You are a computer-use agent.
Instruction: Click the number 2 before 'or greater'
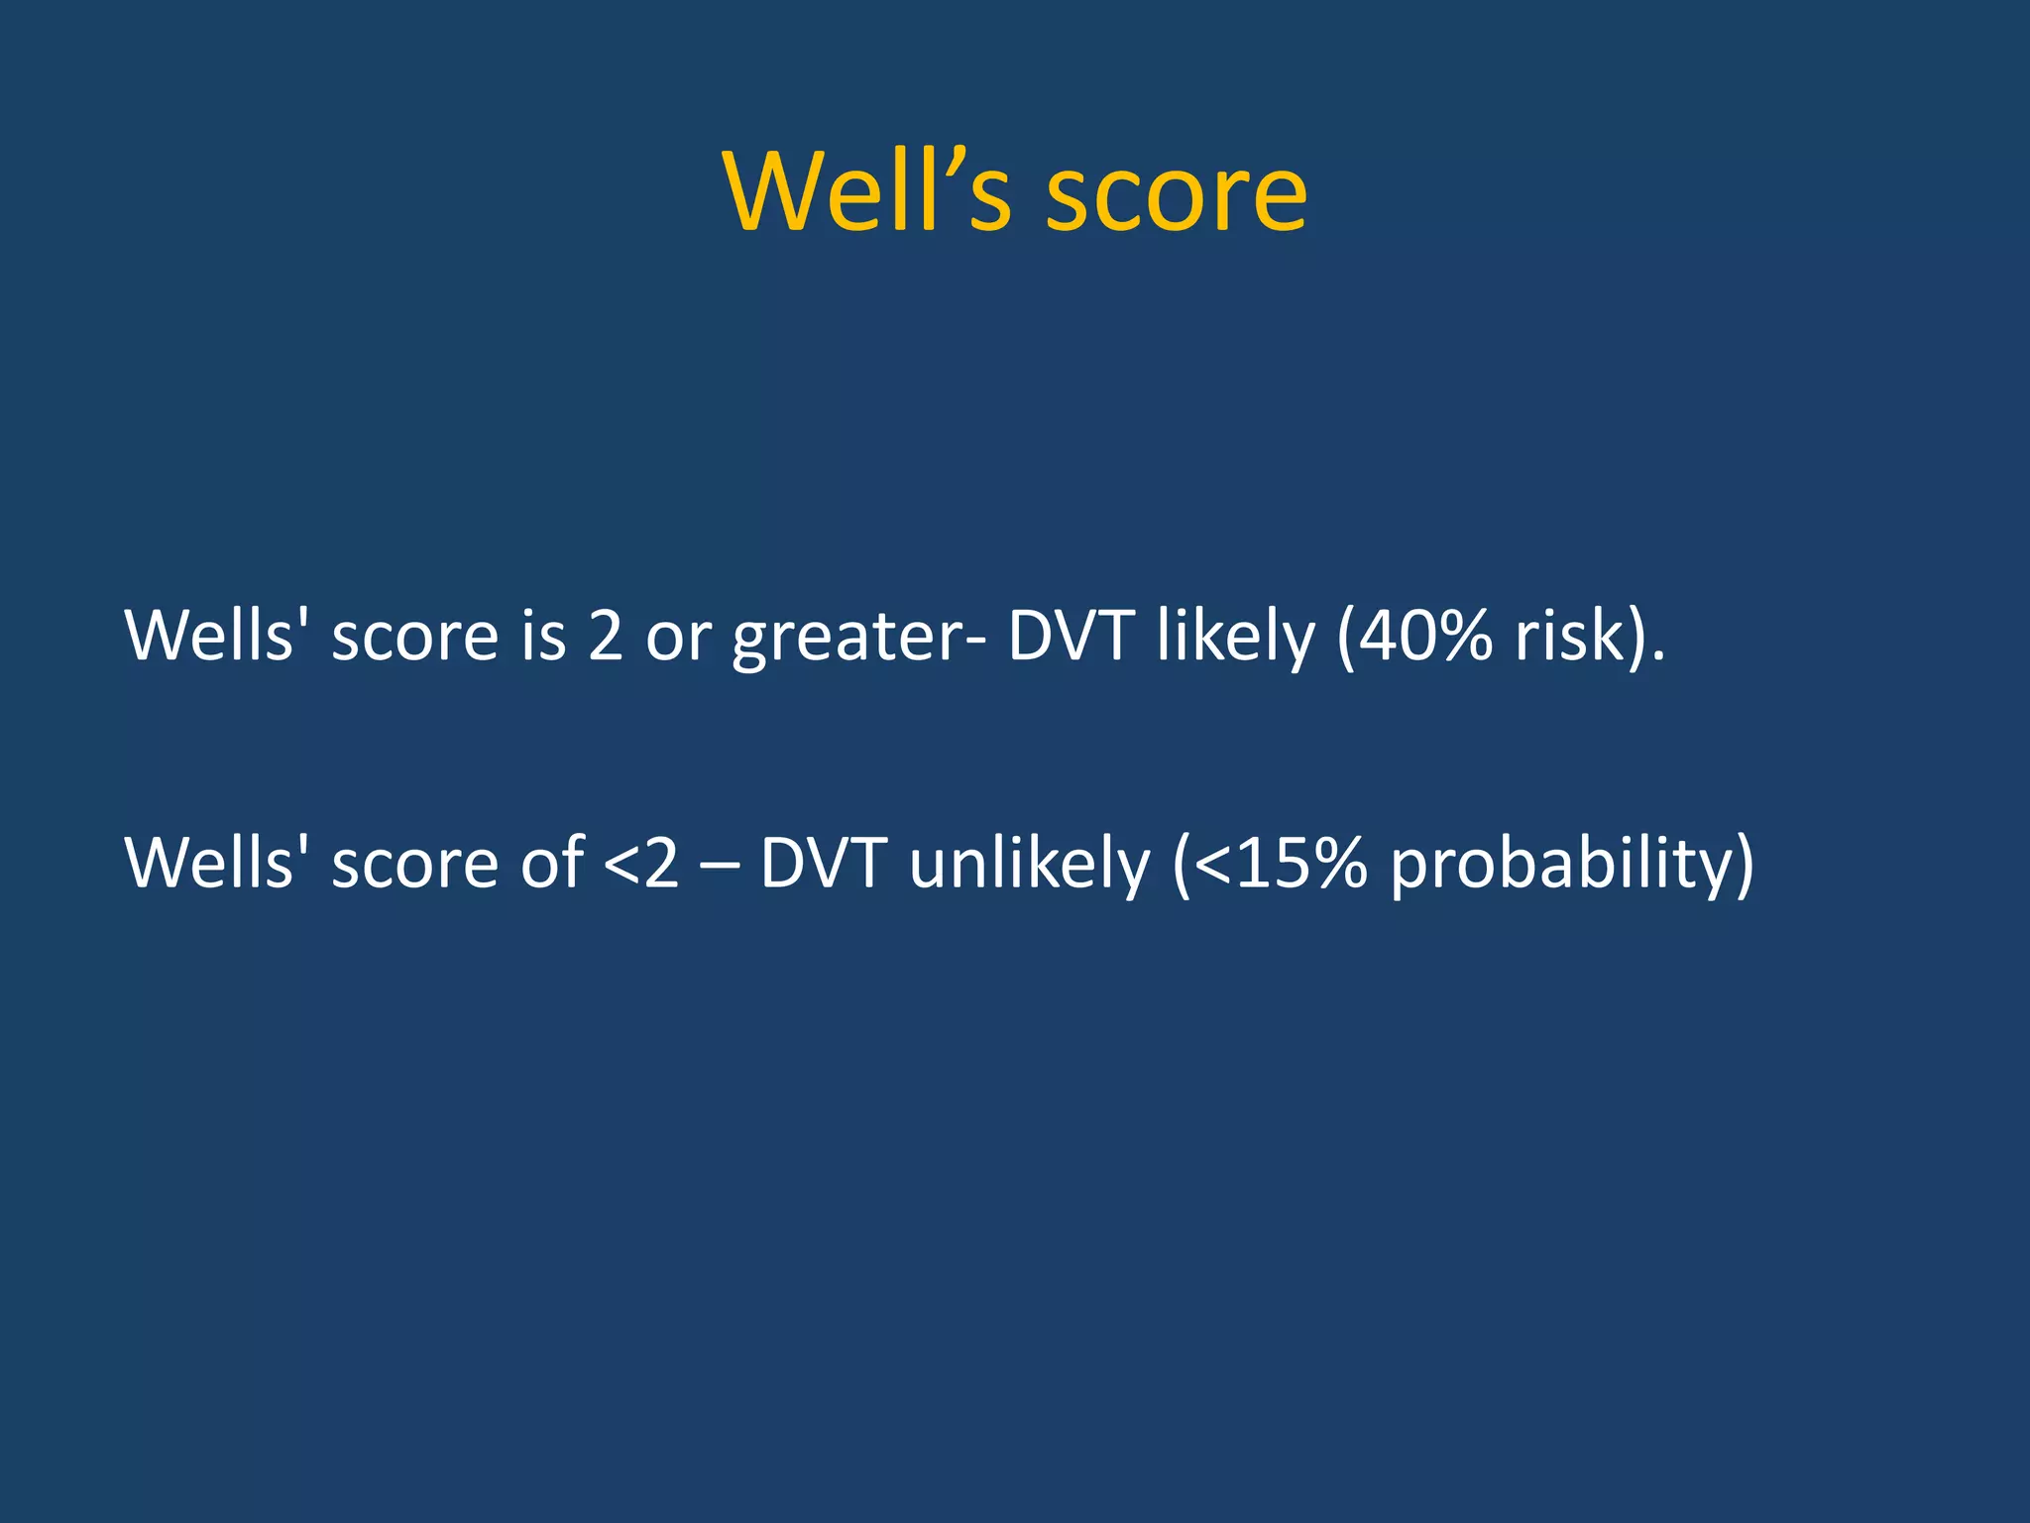pos(606,636)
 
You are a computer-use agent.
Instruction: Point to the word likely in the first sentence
pos(1234,637)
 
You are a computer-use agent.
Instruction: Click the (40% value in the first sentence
pos(1413,636)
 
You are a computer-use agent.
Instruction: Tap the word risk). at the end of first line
pos(1590,636)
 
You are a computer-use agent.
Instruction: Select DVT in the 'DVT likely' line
pos(1070,636)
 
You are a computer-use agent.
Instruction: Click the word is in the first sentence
pos(543,636)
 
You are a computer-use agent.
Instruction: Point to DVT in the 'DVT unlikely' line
pos(822,863)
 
